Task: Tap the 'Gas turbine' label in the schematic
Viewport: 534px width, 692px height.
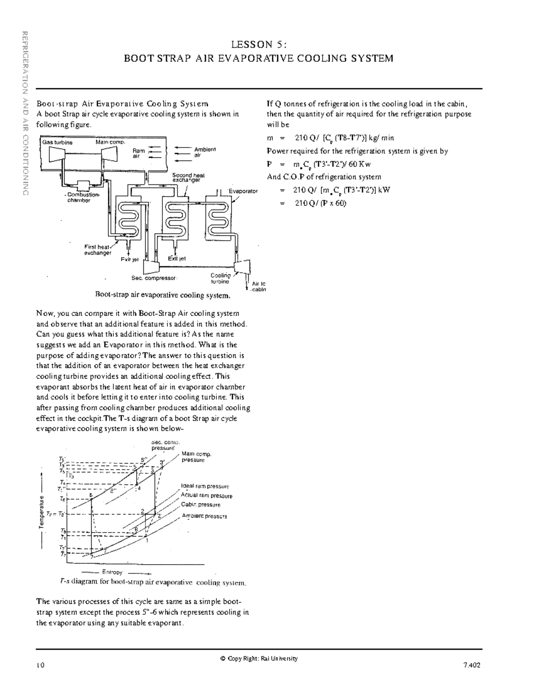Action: click(x=57, y=143)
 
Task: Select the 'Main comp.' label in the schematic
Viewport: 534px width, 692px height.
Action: click(x=110, y=142)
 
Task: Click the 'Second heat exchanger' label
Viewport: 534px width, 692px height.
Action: click(x=188, y=178)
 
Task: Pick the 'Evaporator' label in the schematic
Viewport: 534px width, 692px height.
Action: click(x=243, y=191)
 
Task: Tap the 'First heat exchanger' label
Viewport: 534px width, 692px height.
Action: click(x=97, y=250)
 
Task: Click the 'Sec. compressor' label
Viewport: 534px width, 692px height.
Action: click(x=154, y=278)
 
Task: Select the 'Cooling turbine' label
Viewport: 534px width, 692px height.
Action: click(x=220, y=278)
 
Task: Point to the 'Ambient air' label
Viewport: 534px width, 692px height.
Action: click(x=204, y=152)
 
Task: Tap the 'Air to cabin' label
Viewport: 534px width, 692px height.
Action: click(x=259, y=287)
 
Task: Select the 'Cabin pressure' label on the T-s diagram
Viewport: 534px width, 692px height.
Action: click(x=200, y=505)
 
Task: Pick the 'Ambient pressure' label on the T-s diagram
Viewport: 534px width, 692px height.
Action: click(x=204, y=516)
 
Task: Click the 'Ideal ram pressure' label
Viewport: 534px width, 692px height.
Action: click(x=205, y=486)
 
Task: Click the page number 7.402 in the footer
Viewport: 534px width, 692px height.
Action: click(x=472, y=665)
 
